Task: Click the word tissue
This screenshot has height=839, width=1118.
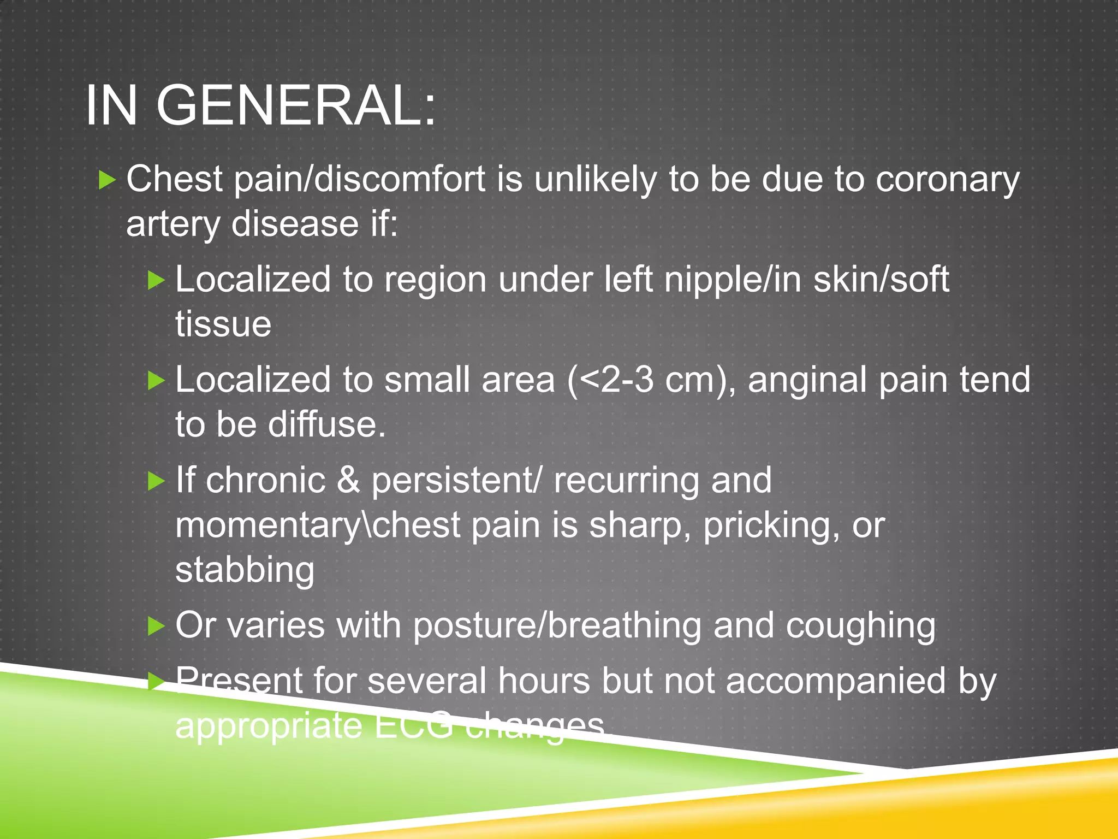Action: pyautogui.click(x=223, y=324)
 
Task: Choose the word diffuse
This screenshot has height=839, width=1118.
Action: pyautogui.click(x=326, y=424)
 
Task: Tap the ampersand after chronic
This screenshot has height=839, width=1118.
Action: pyautogui.click(x=348, y=480)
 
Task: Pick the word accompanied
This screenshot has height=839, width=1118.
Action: pyautogui.click(x=836, y=681)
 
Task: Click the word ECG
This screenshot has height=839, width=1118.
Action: pyautogui.click(x=413, y=725)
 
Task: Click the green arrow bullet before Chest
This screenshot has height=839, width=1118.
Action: pyautogui.click(x=108, y=180)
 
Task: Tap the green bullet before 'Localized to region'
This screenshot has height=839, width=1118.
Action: pyautogui.click(x=156, y=280)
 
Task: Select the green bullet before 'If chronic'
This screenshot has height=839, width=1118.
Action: pyautogui.click(x=156, y=481)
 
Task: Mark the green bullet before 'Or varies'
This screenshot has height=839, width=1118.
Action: pyautogui.click(x=156, y=626)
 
